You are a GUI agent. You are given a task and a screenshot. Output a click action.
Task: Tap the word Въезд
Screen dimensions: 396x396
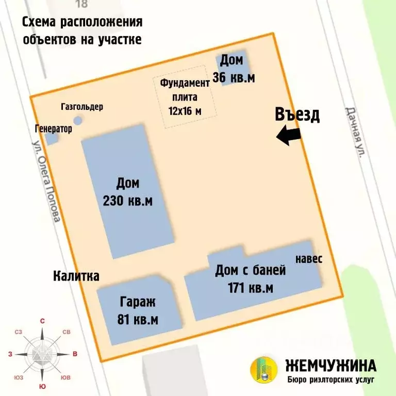[297, 114]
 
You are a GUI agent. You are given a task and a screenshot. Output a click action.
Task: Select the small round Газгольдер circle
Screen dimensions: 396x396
[78, 121]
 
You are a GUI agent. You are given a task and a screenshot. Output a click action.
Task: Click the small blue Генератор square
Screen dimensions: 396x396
[51, 138]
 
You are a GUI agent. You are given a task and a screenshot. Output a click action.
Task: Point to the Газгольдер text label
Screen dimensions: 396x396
[81, 107]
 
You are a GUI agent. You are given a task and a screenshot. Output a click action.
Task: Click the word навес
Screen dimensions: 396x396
[309, 259]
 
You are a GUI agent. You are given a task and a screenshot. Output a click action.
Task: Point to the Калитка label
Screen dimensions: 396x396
[76, 276]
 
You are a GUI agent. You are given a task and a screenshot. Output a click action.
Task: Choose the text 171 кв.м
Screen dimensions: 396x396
[250, 288]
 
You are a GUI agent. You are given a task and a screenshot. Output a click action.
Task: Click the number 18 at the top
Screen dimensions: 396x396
[81, 5]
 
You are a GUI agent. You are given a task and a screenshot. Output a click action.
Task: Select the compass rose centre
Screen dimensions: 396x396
[42, 354]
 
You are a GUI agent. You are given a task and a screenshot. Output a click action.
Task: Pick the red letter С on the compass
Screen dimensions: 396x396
[42, 321]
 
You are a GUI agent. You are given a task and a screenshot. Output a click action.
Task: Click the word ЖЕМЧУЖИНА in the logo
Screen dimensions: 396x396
[331, 366]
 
